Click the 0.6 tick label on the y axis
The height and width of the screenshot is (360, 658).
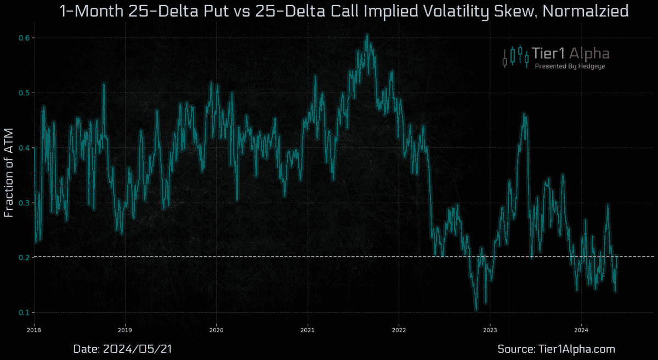click(x=24, y=38)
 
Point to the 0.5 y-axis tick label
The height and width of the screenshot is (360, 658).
click(x=24, y=93)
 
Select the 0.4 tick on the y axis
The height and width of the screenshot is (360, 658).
click(x=24, y=148)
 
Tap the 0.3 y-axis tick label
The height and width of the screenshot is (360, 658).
click(x=24, y=203)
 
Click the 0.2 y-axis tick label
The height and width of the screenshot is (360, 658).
click(x=24, y=258)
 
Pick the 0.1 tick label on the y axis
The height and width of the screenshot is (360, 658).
click(x=24, y=312)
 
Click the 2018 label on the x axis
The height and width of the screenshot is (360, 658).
click(x=34, y=330)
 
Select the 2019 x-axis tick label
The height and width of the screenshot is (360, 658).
click(x=125, y=330)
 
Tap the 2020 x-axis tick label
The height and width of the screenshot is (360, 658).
click(x=216, y=330)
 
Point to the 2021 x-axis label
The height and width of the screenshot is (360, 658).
click(x=308, y=330)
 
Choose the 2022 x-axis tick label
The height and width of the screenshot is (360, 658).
click(x=399, y=330)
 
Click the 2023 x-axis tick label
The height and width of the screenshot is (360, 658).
click(x=490, y=330)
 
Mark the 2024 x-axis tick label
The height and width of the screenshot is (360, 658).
click(x=581, y=330)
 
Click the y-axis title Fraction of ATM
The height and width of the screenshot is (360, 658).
click(x=9, y=174)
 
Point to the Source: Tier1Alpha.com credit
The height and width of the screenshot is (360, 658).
click(x=556, y=348)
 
